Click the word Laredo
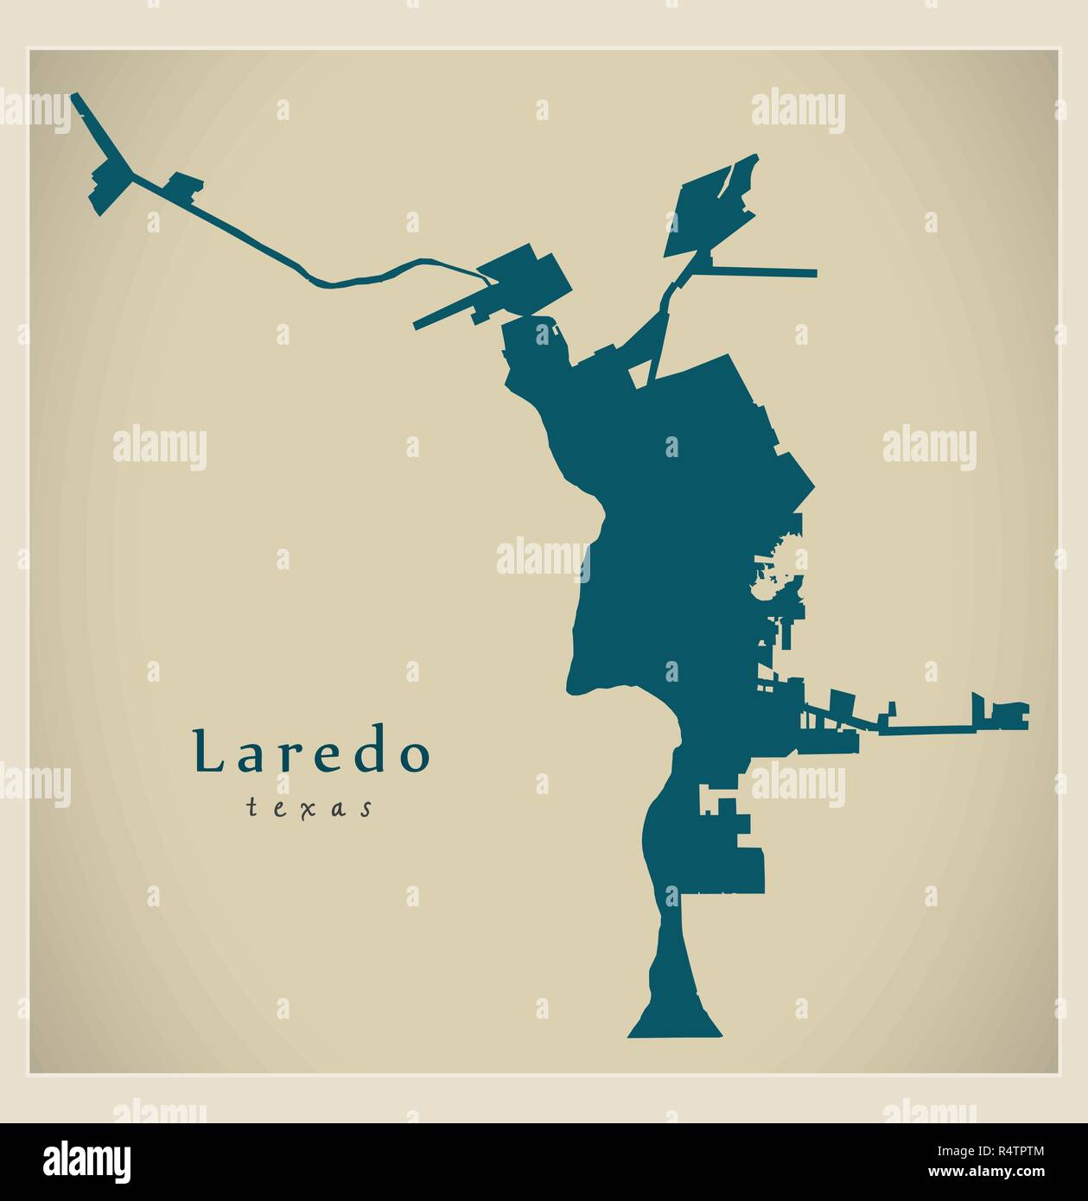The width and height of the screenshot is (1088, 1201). tap(311, 753)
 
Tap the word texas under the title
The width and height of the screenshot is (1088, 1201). tap(309, 808)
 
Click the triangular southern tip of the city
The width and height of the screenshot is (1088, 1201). tap(674, 1024)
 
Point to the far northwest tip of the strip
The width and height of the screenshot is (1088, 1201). tap(75, 97)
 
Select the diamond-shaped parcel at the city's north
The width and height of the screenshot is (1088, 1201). tap(709, 207)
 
